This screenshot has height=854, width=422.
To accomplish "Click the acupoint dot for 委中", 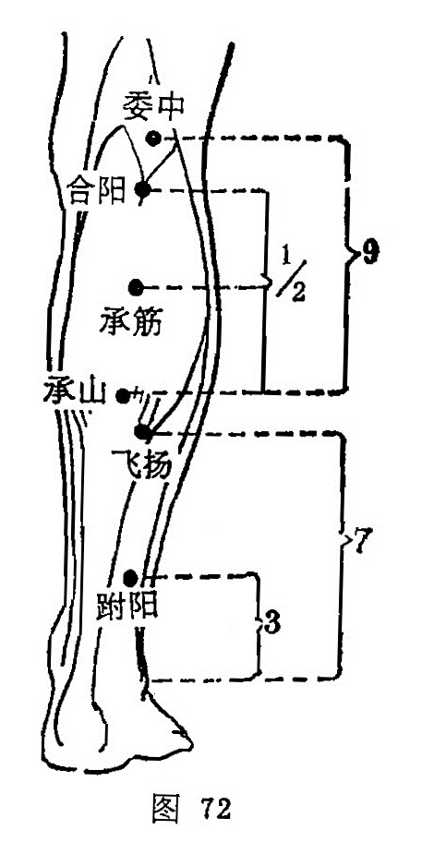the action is point(153,138).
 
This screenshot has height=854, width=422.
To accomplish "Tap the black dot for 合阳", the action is point(142,190).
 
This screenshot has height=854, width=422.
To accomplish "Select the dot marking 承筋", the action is point(135,286).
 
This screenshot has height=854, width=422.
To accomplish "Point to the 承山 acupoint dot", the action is point(124,396).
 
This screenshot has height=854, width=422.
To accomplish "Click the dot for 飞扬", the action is point(141,432).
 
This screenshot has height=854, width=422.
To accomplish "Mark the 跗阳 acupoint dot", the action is point(130,577).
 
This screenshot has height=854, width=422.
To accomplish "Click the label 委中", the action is point(152,104).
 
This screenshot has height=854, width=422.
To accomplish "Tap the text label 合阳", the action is point(96,191).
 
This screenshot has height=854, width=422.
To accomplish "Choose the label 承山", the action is point(75,391).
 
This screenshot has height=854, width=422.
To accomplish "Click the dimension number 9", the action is point(369,253).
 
